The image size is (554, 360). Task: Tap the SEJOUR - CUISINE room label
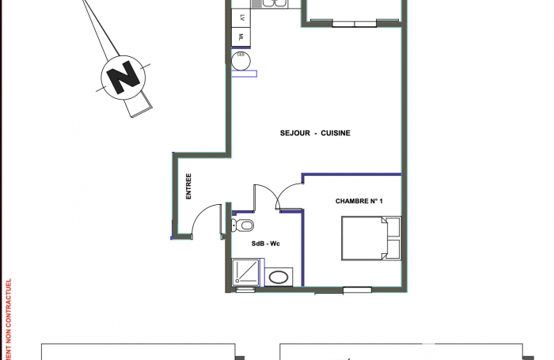314,133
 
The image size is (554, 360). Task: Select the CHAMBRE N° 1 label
359,201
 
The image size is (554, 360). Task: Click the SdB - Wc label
265,244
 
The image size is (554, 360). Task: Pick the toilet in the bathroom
239,225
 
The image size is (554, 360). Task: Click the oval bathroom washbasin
279,277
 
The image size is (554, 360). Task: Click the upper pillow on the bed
393,228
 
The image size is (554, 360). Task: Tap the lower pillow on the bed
393,251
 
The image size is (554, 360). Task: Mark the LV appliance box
241,17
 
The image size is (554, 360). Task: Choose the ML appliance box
241,36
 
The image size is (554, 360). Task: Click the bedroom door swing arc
289,194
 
